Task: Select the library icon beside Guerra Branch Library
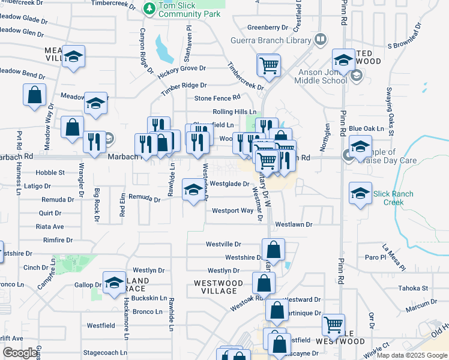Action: pyautogui.click(x=321, y=40)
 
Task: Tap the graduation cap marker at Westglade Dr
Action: pyautogui.click(x=193, y=190)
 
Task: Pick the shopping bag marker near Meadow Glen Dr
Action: pyautogui.click(x=34, y=94)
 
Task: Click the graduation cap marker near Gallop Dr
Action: pyautogui.click(x=114, y=283)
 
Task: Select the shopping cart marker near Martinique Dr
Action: pyautogui.click(x=333, y=325)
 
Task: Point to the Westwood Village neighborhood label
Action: pyautogui.click(x=218, y=287)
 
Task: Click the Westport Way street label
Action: pyautogui.click(x=232, y=211)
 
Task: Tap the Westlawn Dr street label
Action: pyautogui.click(x=294, y=224)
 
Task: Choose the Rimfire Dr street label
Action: pyautogui.click(x=58, y=240)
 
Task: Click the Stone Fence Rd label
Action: pyautogui.click(x=217, y=98)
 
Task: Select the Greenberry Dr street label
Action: pyautogui.click(x=268, y=28)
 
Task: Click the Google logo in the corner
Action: pyautogui.click(x=20, y=353)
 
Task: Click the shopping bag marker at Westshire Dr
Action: pyautogui.click(x=273, y=250)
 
